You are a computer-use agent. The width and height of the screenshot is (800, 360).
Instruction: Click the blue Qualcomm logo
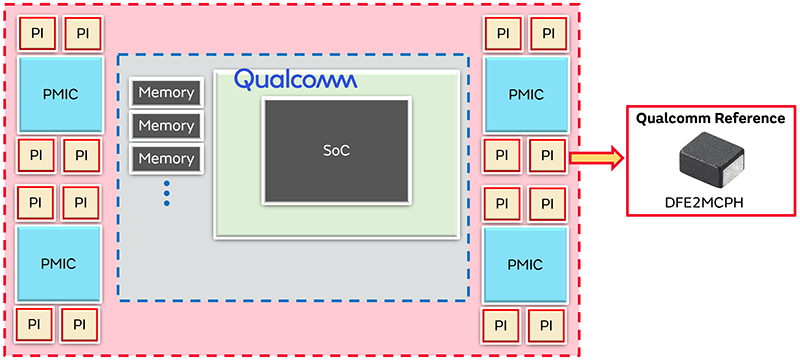pyautogui.click(x=295, y=79)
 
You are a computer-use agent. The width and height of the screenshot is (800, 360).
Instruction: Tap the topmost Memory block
pyautogui.click(x=166, y=93)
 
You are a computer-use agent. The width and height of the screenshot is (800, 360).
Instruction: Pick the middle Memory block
pyautogui.click(x=166, y=126)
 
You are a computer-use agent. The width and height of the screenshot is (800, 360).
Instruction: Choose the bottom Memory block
pyautogui.click(x=166, y=158)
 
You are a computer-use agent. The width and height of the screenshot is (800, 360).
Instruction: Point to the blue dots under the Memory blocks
pyautogui.click(x=166, y=192)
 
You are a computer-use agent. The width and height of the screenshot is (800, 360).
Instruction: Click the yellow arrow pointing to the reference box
pyautogui.click(x=595, y=157)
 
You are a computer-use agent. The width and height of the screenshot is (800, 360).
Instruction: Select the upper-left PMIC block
pyautogui.click(x=62, y=94)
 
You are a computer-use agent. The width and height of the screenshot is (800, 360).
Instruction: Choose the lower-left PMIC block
pyautogui.click(x=62, y=264)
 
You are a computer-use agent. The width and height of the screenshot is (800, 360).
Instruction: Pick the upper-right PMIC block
pyautogui.click(x=526, y=94)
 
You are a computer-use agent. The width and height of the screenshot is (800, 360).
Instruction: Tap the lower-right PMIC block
pyautogui.click(x=526, y=264)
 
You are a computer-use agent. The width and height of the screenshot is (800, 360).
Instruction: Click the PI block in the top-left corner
pyautogui.click(x=37, y=34)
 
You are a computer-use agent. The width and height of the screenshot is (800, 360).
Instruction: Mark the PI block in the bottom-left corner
pyautogui.click(x=36, y=325)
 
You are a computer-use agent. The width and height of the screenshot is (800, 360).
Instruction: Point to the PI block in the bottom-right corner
pyautogui.click(x=547, y=325)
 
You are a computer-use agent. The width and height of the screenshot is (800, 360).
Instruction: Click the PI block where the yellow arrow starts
pyautogui.click(x=547, y=156)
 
